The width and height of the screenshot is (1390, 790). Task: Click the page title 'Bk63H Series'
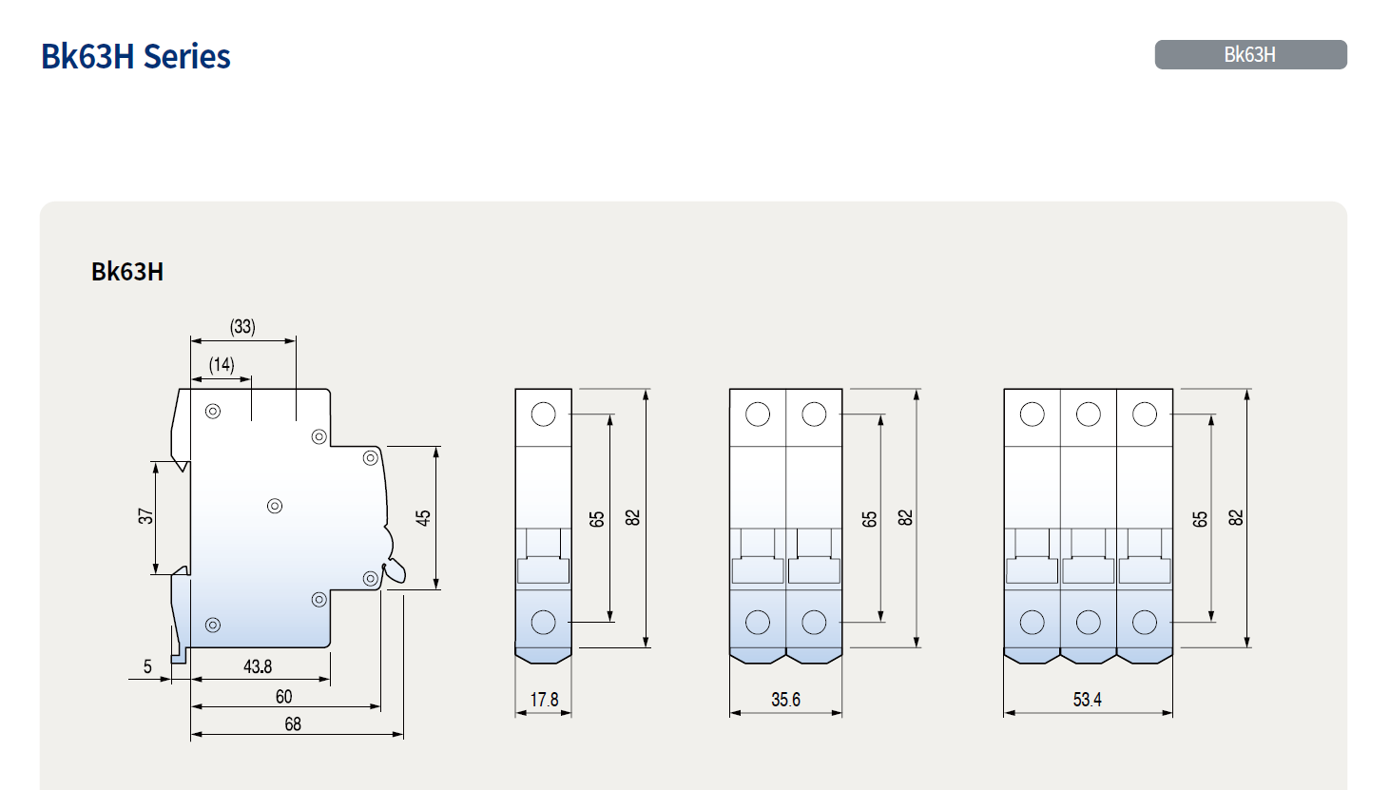coord(136,57)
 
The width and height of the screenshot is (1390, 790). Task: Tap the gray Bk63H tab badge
coord(1249,55)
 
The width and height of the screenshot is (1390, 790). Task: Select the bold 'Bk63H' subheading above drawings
coord(127,272)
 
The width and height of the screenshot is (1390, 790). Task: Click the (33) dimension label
coord(242,327)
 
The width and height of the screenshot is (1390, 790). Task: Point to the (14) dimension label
coord(222,365)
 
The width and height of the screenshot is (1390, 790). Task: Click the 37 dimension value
coord(145,516)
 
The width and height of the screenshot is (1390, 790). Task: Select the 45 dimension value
coord(423,518)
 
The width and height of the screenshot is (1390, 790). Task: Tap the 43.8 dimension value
coord(258,667)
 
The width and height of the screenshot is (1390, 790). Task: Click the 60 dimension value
coord(283,697)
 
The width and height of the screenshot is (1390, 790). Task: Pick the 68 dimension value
coord(293,724)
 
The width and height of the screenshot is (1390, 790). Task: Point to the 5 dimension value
coord(147,667)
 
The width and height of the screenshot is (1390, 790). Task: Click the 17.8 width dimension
coord(544,700)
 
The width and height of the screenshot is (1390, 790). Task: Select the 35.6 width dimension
coord(785,700)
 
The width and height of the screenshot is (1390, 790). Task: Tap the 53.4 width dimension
coord(1087,700)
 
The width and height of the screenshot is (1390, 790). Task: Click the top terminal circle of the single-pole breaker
coord(543,414)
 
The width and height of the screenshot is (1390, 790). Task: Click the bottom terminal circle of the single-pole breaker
coord(543,622)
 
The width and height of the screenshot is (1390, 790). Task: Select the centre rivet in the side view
coord(275,506)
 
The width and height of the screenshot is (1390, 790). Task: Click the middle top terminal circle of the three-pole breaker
coord(1088,414)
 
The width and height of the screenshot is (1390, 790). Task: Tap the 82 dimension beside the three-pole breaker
coord(1235,518)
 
